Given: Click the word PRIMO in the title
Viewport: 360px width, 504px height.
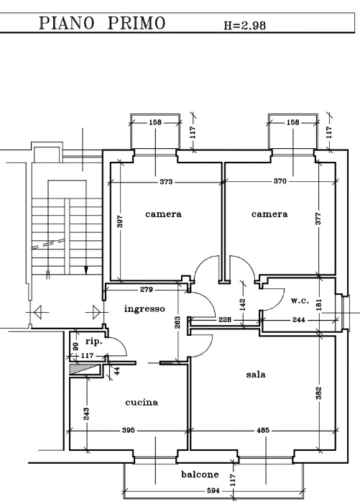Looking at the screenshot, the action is pyautogui.click(x=137, y=23).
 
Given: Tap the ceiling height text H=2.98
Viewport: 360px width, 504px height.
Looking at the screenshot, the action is pyautogui.click(x=245, y=25).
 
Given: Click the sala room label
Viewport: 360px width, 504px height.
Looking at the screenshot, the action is pyautogui.click(x=256, y=375).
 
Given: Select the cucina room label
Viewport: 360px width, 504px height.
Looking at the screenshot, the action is pyautogui.click(x=142, y=403).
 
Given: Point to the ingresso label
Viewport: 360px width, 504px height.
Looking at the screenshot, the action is pyautogui.click(x=144, y=309).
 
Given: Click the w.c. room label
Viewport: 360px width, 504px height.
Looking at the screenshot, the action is pyautogui.click(x=300, y=301).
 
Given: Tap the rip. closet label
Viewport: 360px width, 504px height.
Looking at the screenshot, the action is pyautogui.click(x=94, y=342).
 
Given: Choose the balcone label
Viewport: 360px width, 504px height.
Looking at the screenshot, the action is pyautogui.click(x=200, y=475).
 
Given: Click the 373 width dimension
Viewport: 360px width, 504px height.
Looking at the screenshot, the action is pyautogui.click(x=166, y=182).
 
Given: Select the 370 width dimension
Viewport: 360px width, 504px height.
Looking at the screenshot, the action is pyautogui.click(x=280, y=181).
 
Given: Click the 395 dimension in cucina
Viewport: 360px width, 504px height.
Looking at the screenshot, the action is pyautogui.click(x=129, y=430).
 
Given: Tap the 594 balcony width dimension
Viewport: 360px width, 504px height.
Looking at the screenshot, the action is pyautogui.click(x=213, y=491).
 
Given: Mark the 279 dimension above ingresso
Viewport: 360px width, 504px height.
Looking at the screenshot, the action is pyautogui.click(x=147, y=290).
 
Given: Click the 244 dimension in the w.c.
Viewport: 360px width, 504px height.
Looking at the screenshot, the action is pyautogui.click(x=299, y=320).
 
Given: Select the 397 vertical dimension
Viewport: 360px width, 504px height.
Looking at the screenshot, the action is pyautogui.click(x=120, y=221).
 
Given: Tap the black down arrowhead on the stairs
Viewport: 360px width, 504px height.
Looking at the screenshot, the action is pyautogui.click(x=86, y=270).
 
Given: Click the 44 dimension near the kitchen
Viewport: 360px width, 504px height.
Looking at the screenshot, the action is pyautogui.click(x=117, y=370).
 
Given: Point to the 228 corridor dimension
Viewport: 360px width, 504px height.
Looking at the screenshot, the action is pyautogui.click(x=225, y=320).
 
